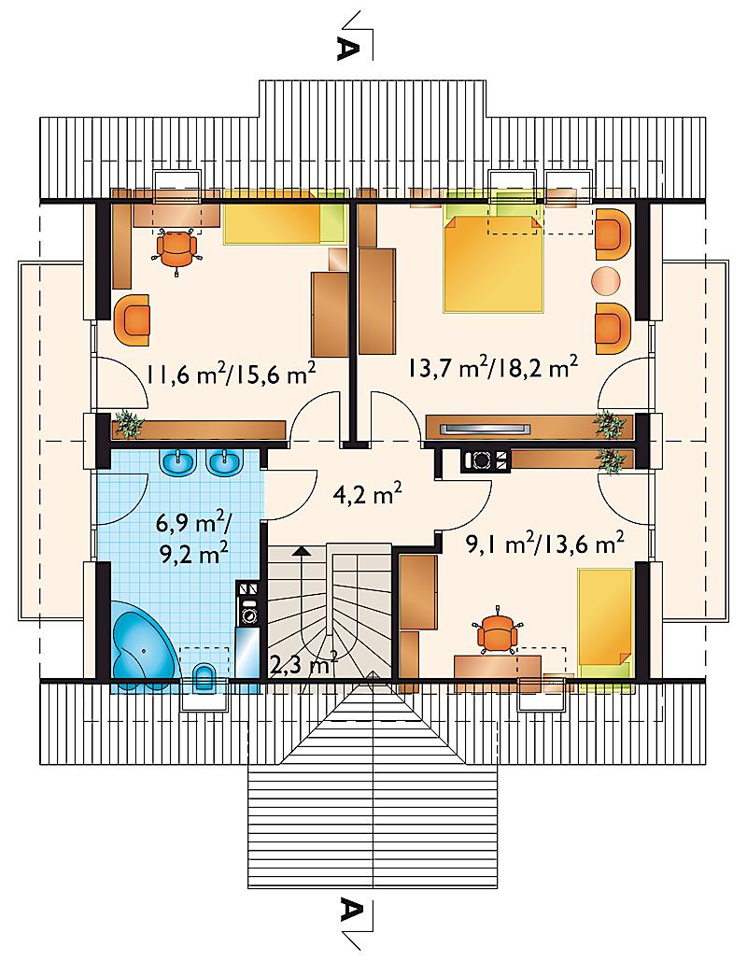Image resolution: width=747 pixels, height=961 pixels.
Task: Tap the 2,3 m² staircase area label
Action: coord(304,664)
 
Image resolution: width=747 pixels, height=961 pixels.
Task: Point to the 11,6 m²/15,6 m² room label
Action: coord(231,373)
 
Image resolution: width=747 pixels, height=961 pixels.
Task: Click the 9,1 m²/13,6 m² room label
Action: coord(545,543)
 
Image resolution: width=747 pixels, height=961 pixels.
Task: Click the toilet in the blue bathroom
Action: coord(204,678)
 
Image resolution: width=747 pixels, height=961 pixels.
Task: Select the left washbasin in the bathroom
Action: coord(178,461)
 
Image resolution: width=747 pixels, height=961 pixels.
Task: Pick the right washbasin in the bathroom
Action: coord(225,461)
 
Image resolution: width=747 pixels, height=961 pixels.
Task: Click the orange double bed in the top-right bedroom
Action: coord(493,263)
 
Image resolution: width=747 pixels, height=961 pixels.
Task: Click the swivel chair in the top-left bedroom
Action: coord(177,248)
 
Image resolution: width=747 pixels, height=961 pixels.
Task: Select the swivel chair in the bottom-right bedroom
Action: coord(498,630)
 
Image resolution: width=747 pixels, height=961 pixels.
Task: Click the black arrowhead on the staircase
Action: coord(300,550)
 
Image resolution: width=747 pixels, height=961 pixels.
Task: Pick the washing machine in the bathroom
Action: coord(249,614)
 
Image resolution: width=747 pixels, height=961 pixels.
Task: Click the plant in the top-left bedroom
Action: coord(128,423)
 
